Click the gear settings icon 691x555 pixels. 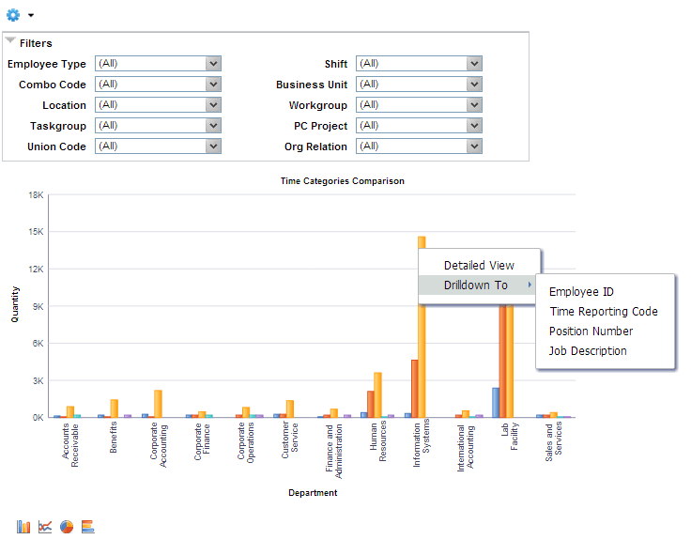tap(14, 15)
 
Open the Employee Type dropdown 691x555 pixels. tap(158, 64)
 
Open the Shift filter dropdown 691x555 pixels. tap(419, 64)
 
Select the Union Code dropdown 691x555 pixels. tap(158, 146)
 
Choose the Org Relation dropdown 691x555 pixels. tap(419, 146)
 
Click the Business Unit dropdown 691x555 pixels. tap(419, 85)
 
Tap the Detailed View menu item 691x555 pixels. tap(479, 266)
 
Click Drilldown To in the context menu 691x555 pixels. tap(476, 285)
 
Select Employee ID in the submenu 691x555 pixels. tap(581, 292)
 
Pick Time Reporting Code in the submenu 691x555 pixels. tap(604, 312)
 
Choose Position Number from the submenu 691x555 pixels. tap(591, 331)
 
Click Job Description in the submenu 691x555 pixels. tap(588, 351)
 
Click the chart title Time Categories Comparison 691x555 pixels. tap(343, 181)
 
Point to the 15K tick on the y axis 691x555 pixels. tap(37, 232)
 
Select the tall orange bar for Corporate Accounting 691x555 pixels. tap(158, 404)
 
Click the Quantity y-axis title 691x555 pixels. tap(15, 305)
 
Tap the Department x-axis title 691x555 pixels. tap(313, 492)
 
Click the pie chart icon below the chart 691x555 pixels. tap(67, 527)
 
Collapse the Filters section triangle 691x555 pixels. tap(10, 42)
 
